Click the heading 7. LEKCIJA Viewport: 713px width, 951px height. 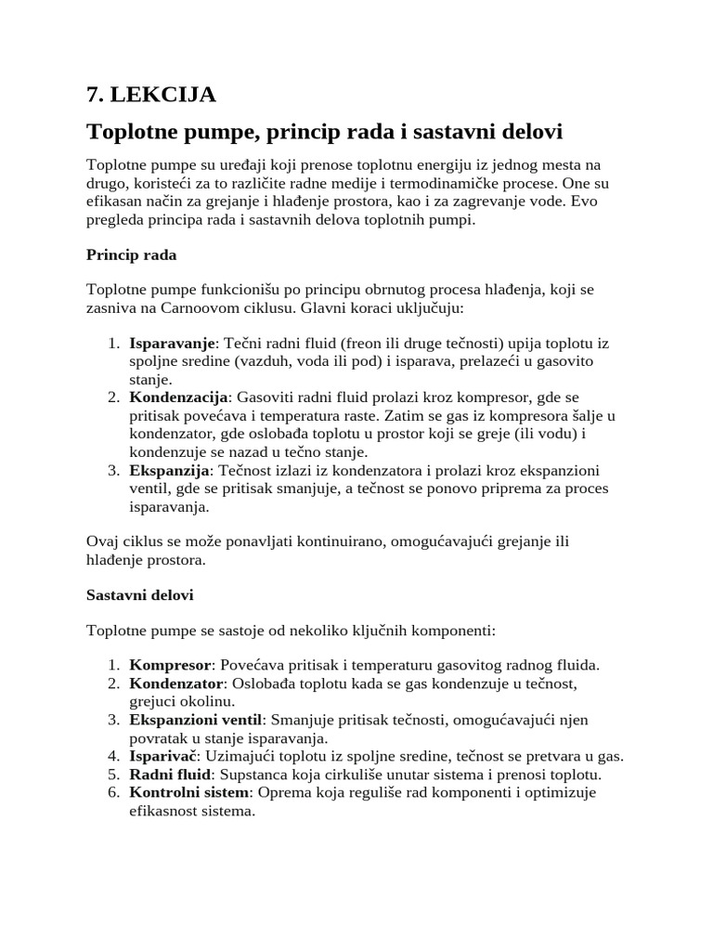(x=150, y=95)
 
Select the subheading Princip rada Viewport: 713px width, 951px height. (x=131, y=254)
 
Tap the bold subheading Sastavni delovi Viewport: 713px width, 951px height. (x=139, y=593)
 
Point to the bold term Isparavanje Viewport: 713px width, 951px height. (x=172, y=344)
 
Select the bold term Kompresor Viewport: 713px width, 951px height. (x=171, y=665)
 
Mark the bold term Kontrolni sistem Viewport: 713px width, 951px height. (x=189, y=792)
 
